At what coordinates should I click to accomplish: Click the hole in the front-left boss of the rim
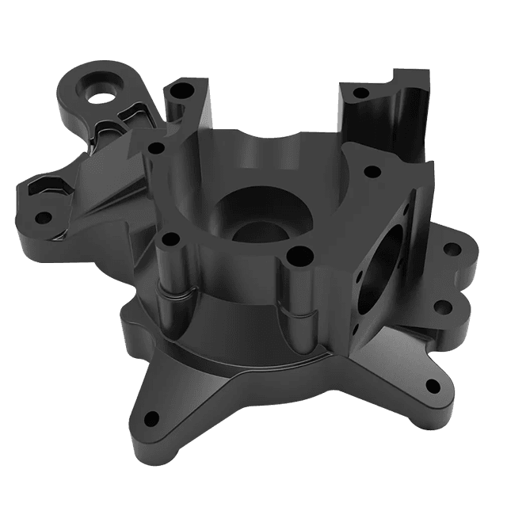click(x=168, y=238)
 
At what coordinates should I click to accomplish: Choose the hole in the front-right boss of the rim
click(x=298, y=256)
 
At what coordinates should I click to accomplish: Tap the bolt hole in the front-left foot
click(x=149, y=417)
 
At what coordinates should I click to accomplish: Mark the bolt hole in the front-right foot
click(x=433, y=387)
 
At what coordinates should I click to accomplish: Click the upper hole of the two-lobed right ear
click(x=451, y=250)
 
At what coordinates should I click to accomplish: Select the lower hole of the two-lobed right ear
click(x=442, y=306)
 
